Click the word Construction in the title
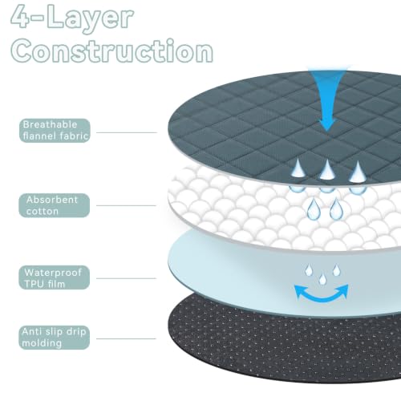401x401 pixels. coord(111,51)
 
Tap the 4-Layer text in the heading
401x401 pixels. coord(72,17)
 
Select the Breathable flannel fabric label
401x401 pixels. coord(55,131)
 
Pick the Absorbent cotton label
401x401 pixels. coord(55,205)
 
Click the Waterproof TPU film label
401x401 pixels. coord(55,277)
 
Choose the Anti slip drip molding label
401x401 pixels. coord(55,338)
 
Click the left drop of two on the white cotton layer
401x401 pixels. coord(314,209)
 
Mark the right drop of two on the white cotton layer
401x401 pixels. coord(336,209)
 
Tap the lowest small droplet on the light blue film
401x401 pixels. coord(322,279)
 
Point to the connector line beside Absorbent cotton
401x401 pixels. coord(126,205)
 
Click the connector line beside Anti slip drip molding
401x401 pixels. coord(126,338)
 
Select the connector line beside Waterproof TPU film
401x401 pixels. coord(126,278)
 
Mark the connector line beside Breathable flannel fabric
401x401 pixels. coord(127,132)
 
